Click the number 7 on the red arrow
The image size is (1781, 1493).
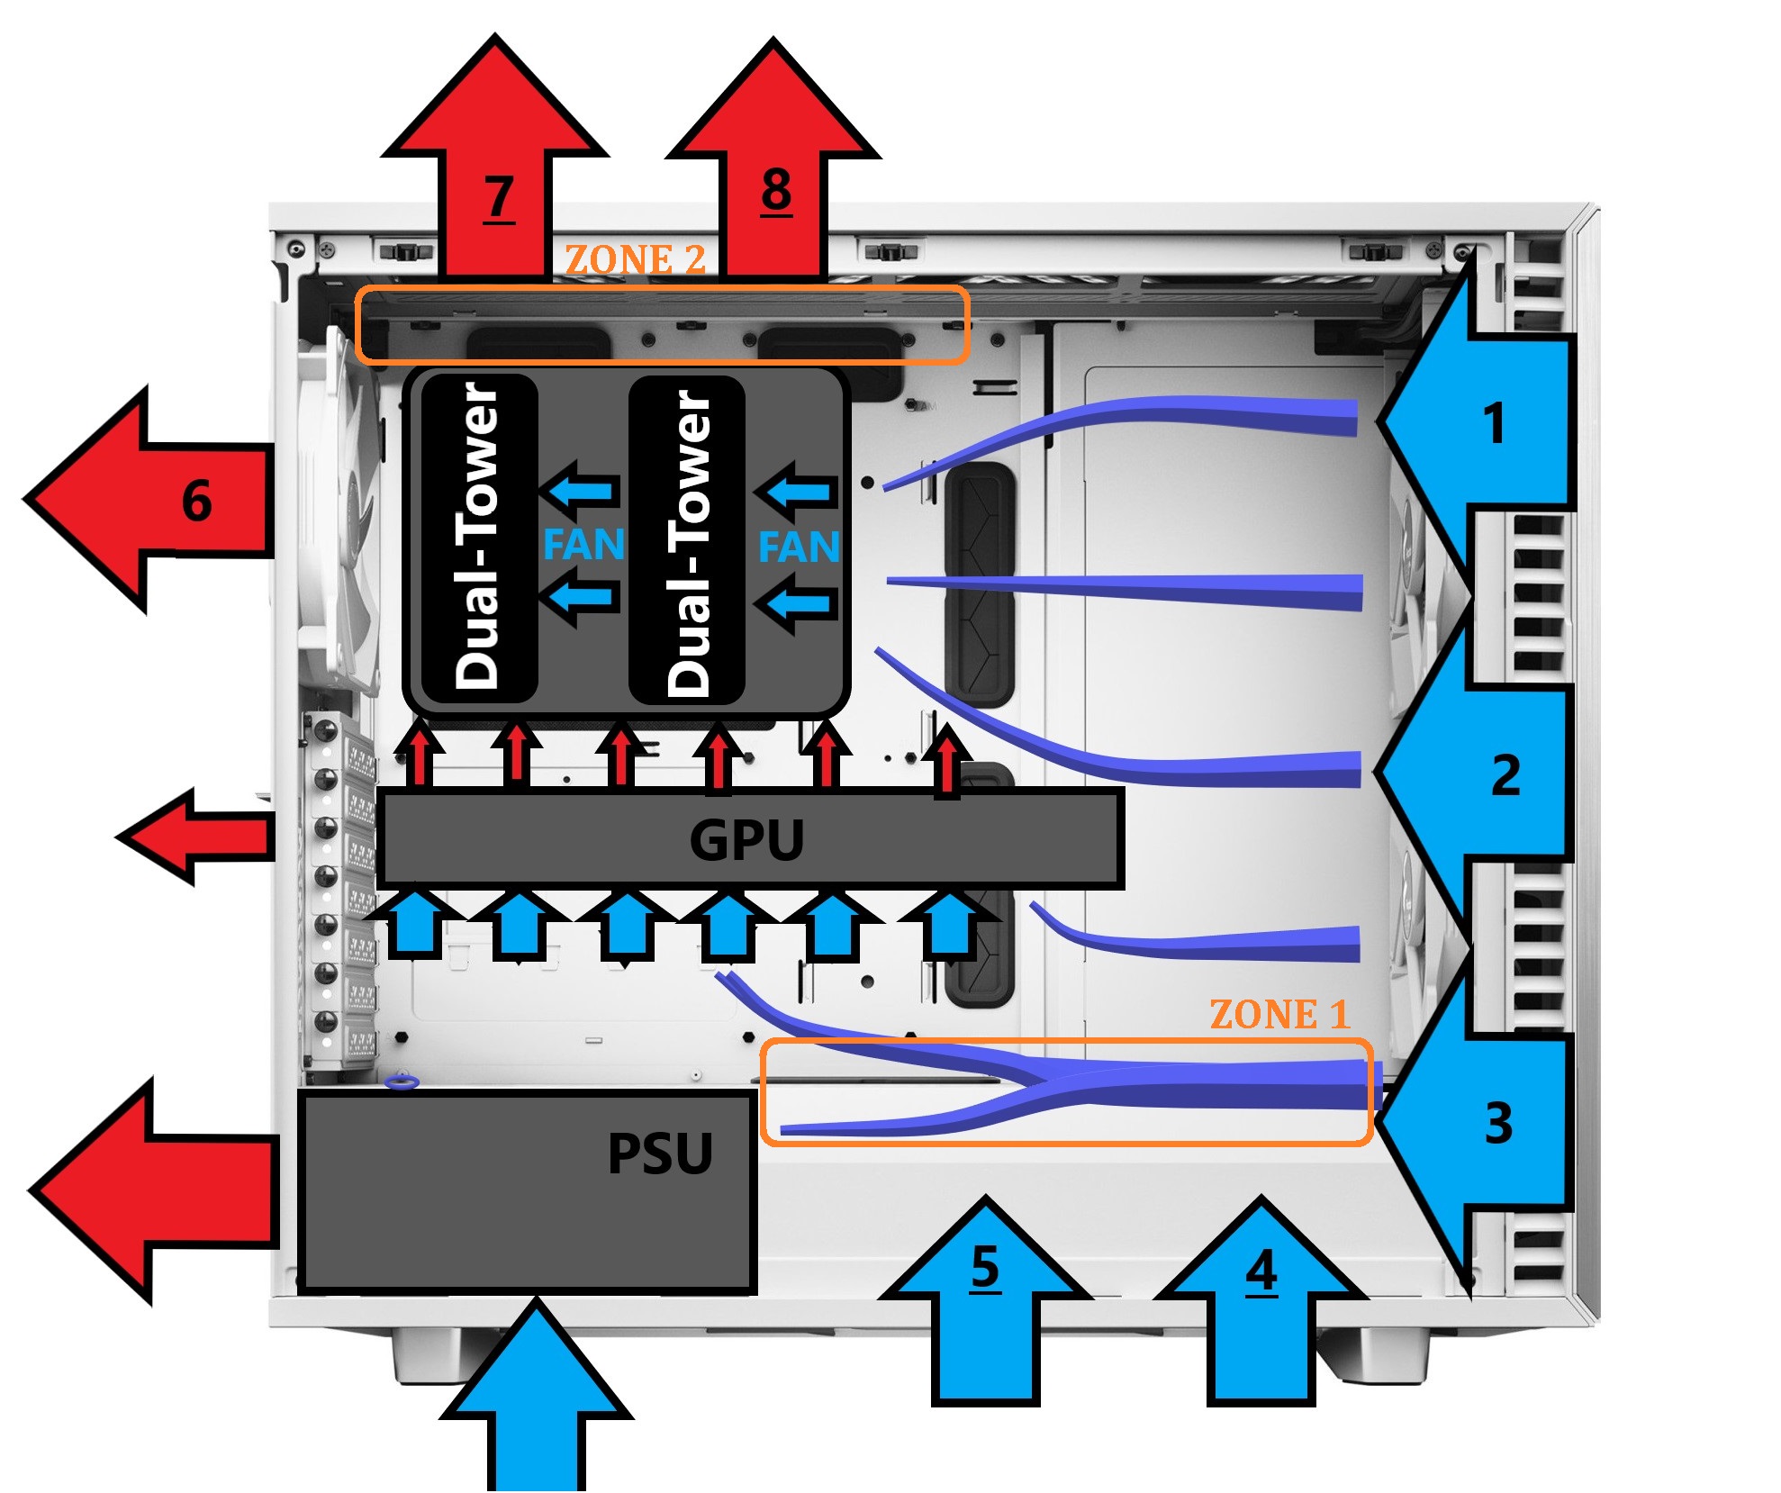click(x=498, y=197)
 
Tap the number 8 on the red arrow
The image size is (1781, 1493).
click(x=776, y=191)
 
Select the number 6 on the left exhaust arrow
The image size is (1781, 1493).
click(x=196, y=502)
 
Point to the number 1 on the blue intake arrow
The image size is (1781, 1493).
click(x=1494, y=423)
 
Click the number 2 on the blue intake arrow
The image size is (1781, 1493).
click(x=1505, y=775)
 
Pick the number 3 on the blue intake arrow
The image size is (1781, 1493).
click(x=1498, y=1124)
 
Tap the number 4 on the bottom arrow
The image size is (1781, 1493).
click(x=1261, y=1271)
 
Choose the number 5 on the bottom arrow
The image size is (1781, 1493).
click(x=985, y=1268)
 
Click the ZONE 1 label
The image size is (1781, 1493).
click(x=1279, y=1015)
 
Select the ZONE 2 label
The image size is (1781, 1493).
click(x=635, y=260)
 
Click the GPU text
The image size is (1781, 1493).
click(x=746, y=840)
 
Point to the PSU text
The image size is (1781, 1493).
click(x=660, y=1154)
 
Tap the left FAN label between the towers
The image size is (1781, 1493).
click(x=583, y=545)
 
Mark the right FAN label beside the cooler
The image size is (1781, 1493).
click(x=799, y=547)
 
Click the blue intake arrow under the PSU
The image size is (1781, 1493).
click(x=537, y=1405)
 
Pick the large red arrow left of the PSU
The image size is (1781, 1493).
click(x=153, y=1190)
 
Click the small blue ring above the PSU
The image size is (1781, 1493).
click(x=402, y=1081)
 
